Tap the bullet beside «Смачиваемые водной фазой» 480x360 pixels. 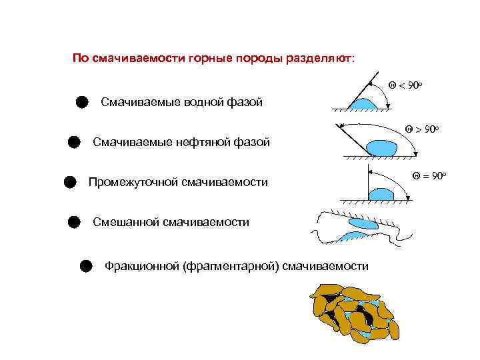click(x=81, y=102)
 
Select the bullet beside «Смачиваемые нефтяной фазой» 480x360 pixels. click(x=74, y=142)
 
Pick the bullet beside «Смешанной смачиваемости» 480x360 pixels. click(x=74, y=222)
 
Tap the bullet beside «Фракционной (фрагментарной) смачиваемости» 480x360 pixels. click(x=85, y=267)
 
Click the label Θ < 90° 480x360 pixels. click(x=406, y=86)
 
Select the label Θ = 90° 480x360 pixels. click(x=428, y=176)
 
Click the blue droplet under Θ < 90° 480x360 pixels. click(x=363, y=104)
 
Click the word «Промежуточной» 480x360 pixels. click(x=133, y=182)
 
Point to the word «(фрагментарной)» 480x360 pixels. click(x=229, y=267)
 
